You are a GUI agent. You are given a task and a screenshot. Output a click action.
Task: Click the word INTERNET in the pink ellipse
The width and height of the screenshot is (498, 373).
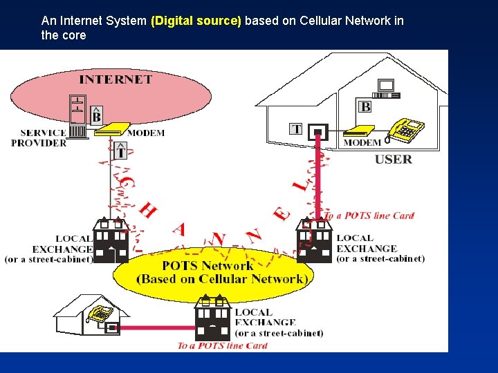click(x=116, y=79)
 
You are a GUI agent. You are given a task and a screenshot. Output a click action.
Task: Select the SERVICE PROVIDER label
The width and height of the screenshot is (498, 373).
click(x=39, y=138)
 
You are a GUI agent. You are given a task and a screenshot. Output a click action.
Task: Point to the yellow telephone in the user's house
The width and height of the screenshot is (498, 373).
click(x=406, y=129)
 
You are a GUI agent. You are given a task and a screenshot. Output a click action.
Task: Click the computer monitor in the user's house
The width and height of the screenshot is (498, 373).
click(x=385, y=86)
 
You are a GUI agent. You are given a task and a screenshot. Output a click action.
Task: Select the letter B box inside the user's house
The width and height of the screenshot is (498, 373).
click(x=365, y=106)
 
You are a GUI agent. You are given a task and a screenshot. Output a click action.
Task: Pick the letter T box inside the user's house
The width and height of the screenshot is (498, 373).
click(x=296, y=129)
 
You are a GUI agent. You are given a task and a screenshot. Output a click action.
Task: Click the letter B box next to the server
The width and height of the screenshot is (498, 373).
click(x=97, y=115)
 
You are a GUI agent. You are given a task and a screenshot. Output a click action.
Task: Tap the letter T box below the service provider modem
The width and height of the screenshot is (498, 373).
click(x=120, y=150)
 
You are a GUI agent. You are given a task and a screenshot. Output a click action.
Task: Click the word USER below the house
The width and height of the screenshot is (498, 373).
click(x=394, y=160)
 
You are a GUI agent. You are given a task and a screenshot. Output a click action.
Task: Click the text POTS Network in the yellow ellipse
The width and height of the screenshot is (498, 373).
click(x=207, y=265)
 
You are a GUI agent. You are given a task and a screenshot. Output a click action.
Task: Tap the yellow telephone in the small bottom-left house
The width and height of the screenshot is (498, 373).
click(x=102, y=313)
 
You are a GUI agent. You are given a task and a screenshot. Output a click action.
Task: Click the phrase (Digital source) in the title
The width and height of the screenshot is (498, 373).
click(x=196, y=21)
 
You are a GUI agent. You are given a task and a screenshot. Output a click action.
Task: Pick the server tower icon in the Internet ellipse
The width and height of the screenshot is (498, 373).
click(x=77, y=115)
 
